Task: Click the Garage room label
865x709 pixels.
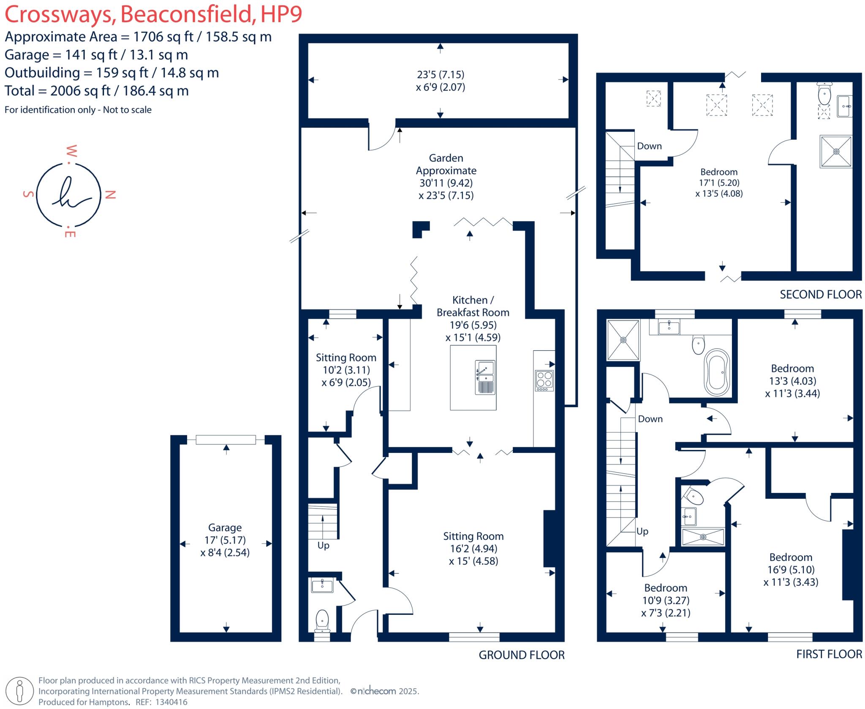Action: click(x=225, y=528)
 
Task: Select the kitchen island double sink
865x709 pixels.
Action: click(x=485, y=377)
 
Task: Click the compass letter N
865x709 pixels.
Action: click(x=110, y=195)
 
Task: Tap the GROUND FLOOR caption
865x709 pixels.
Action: click(x=521, y=655)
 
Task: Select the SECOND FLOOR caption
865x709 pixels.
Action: click(x=820, y=295)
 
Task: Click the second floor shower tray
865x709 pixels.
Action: click(x=835, y=152)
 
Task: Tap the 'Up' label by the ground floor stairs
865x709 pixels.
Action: click(x=323, y=545)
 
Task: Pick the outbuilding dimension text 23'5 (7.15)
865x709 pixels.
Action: click(x=441, y=75)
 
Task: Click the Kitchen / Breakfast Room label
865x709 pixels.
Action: click(x=473, y=306)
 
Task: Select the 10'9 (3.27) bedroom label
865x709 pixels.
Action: click(x=666, y=600)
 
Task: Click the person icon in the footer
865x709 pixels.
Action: click(x=19, y=691)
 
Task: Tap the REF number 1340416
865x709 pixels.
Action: click(x=171, y=702)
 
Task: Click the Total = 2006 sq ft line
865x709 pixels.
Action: click(x=96, y=91)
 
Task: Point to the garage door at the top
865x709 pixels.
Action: click(x=226, y=440)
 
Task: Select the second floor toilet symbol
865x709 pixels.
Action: click(x=824, y=95)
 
